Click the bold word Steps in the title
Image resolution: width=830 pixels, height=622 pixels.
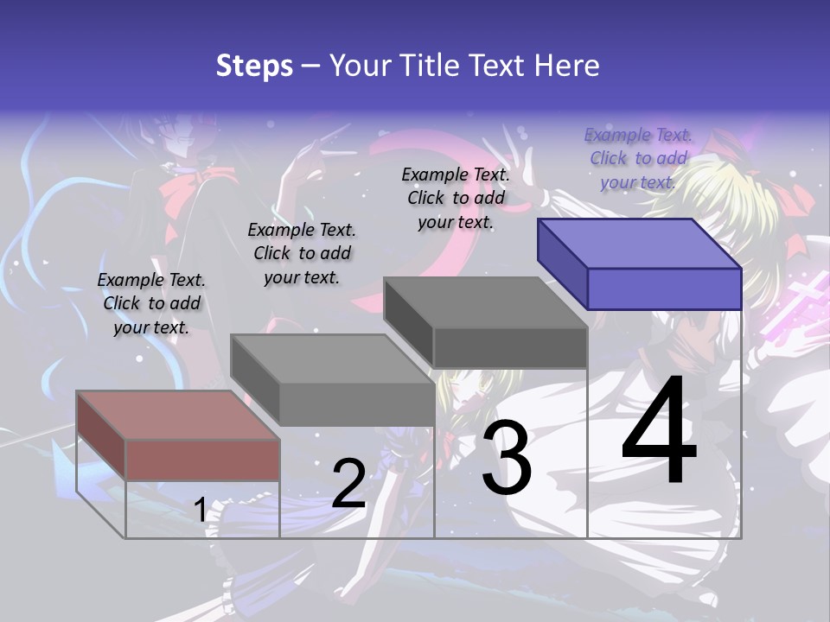254,66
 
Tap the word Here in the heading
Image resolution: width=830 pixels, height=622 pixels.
567,66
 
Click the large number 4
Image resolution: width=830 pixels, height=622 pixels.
659,432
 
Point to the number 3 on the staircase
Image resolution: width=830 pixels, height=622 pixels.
506,458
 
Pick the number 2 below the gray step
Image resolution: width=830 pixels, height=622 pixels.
348,484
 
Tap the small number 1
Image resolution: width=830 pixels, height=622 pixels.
200,511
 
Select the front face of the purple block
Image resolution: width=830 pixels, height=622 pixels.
664,289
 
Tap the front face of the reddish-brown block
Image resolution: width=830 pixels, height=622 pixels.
202,460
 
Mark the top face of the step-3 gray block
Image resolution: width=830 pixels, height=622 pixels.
485,303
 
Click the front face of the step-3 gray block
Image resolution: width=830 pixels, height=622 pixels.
510,348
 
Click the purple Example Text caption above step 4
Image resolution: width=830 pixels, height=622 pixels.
638,159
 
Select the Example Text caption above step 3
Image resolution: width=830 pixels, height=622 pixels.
456,198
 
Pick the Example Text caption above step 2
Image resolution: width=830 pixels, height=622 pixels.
302,253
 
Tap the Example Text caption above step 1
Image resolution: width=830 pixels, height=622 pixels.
151,303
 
